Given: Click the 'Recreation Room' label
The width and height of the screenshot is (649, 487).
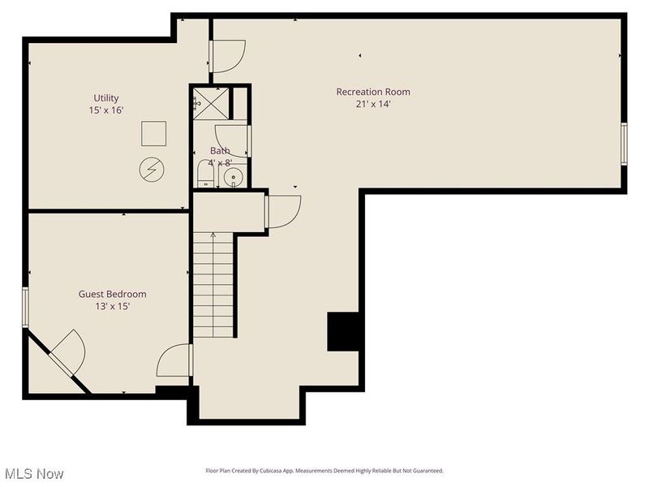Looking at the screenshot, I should coord(373,92).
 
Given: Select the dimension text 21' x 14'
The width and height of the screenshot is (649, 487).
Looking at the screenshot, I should coord(373,104).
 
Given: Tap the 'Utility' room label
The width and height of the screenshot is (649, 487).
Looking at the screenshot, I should coord(105,97).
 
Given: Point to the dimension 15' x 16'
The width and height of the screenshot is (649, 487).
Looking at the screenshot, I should coord(105,110).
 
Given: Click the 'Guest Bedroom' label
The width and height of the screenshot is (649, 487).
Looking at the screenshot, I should coord(112,294).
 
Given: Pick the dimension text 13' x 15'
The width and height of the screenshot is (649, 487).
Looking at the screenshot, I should coord(112,306).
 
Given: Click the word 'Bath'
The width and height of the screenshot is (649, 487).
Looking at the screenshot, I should coord(220,150).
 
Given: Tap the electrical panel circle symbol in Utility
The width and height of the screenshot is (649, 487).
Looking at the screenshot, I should coord(152,169).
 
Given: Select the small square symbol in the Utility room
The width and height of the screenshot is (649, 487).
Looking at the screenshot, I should coord(153,133).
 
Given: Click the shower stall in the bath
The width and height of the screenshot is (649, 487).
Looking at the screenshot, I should coord(210,104).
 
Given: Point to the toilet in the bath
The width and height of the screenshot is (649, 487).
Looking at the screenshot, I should coord(205,174).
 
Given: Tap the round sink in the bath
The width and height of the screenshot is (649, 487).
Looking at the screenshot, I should coord(234,176).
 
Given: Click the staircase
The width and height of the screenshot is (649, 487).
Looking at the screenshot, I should coord(213,284).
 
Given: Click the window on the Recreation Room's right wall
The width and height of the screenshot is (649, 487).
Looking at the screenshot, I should coord(624,144).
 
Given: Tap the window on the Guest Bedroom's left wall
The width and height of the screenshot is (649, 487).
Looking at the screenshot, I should coord(26,307).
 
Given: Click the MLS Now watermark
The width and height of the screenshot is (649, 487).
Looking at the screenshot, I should coord(33,473).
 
